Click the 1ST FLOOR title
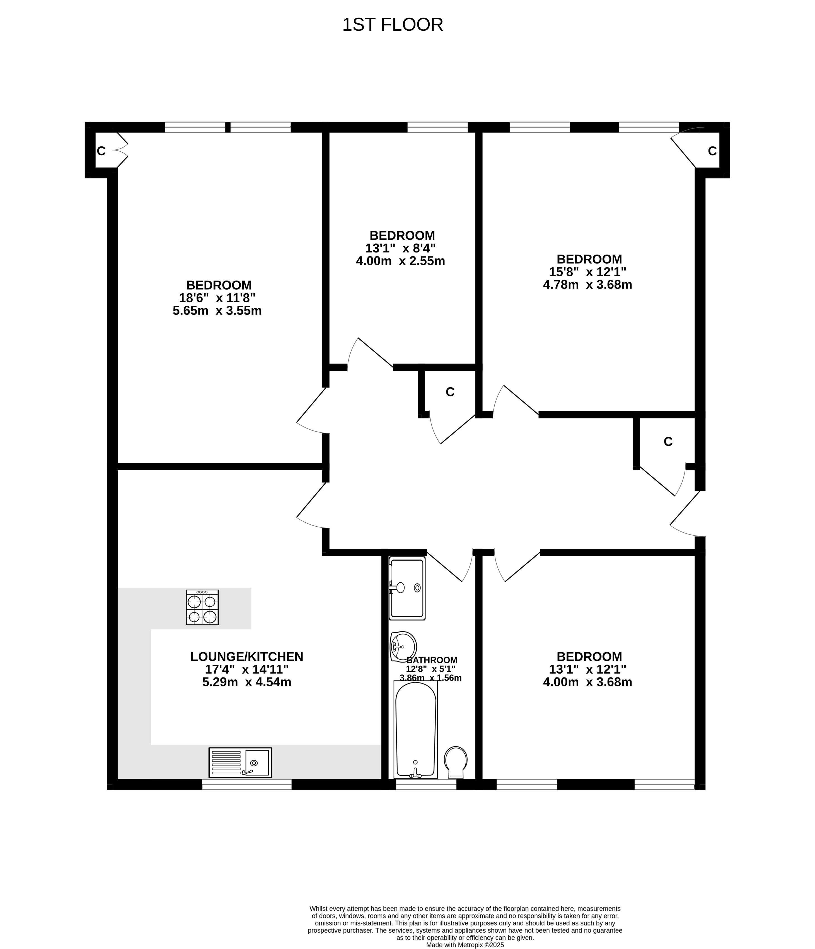tap(393, 25)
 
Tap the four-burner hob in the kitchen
tap(202, 607)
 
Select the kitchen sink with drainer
tap(240, 762)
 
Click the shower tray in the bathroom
tap(407, 588)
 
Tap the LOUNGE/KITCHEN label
tap(247, 657)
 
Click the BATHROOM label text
tap(432, 660)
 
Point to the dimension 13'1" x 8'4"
tap(400, 248)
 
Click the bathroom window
tap(426, 785)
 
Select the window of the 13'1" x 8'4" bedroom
tap(437, 127)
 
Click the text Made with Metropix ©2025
tap(465, 945)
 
